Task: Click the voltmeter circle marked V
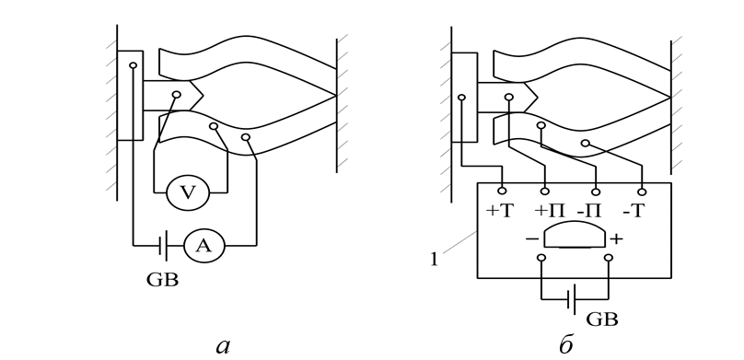pos(188,192)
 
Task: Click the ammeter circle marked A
pos(204,245)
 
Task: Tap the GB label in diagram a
pos(162,280)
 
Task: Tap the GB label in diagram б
pos(602,319)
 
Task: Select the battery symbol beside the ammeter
pos(162,245)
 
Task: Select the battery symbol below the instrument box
pos(572,299)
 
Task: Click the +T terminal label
pos(500,211)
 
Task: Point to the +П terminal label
pos(550,211)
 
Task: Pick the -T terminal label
pos(634,211)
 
